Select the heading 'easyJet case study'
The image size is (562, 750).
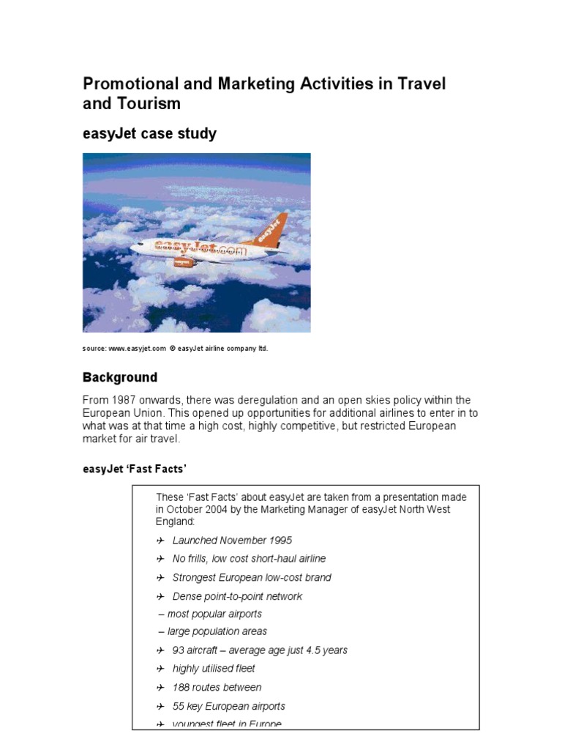(x=149, y=133)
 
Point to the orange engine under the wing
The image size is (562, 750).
(x=183, y=262)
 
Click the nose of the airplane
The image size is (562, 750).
(x=133, y=248)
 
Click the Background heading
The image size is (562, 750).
(x=119, y=378)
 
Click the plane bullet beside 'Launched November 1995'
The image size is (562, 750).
(x=160, y=541)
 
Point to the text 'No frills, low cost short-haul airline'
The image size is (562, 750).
(x=249, y=559)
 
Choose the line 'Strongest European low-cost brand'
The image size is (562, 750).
(x=251, y=577)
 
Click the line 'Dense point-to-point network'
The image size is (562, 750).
(x=237, y=596)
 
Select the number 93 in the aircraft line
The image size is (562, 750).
(x=179, y=650)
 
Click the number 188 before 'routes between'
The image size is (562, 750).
(x=181, y=687)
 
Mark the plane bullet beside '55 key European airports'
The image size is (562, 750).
(x=160, y=706)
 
